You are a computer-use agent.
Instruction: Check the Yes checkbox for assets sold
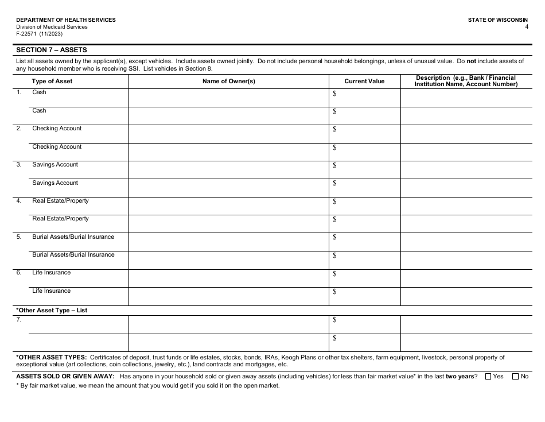coord(488,377)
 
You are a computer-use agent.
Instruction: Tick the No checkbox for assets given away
coord(516,377)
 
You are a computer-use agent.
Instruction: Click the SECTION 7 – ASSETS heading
coord(52,50)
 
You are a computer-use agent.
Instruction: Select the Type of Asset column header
coord(52,82)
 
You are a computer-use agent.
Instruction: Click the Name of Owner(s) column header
coord(228,82)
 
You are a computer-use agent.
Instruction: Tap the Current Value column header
coord(364,82)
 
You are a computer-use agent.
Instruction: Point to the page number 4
coord(526,27)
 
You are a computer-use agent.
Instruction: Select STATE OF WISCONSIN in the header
coord(498,20)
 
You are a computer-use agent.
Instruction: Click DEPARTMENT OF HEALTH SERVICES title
coord(66,20)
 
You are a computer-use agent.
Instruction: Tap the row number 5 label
coord(19,237)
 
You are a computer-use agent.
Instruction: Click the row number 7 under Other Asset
coord(19,320)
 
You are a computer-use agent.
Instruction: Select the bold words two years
coord(460,377)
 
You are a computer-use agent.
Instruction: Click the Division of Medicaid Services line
coord(52,27)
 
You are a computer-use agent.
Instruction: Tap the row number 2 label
coord(19,129)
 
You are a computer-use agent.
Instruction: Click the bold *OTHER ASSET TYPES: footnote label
coord(52,357)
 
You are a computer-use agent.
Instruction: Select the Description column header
coord(466,81)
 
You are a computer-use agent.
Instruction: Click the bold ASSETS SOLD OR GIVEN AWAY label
coord(65,377)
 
